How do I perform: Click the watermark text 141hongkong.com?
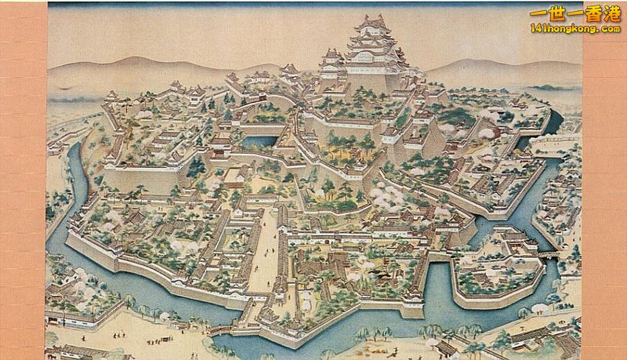574,28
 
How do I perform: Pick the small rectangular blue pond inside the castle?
260,142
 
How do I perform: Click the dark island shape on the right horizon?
549,87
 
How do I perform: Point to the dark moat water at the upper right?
554,122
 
